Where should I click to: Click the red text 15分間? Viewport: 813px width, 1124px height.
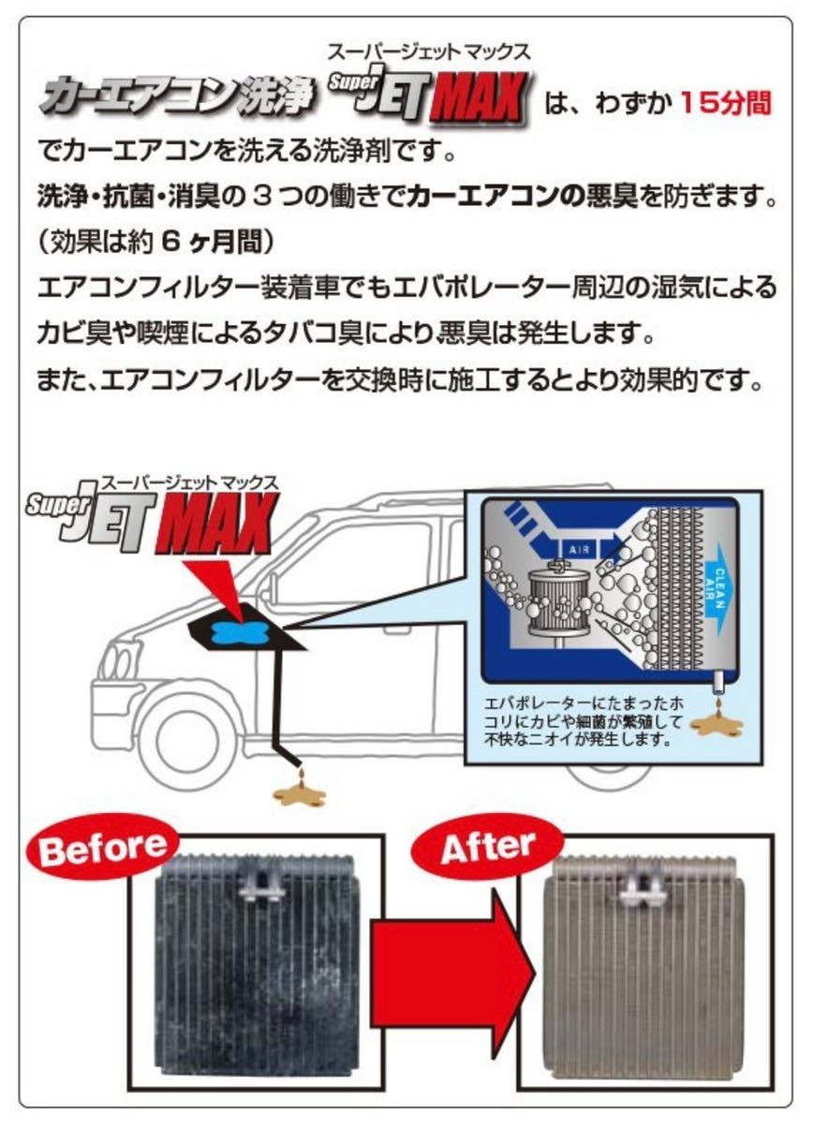[726, 102]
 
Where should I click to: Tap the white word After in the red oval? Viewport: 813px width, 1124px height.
[487, 848]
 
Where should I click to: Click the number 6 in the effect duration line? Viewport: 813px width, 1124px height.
[169, 242]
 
